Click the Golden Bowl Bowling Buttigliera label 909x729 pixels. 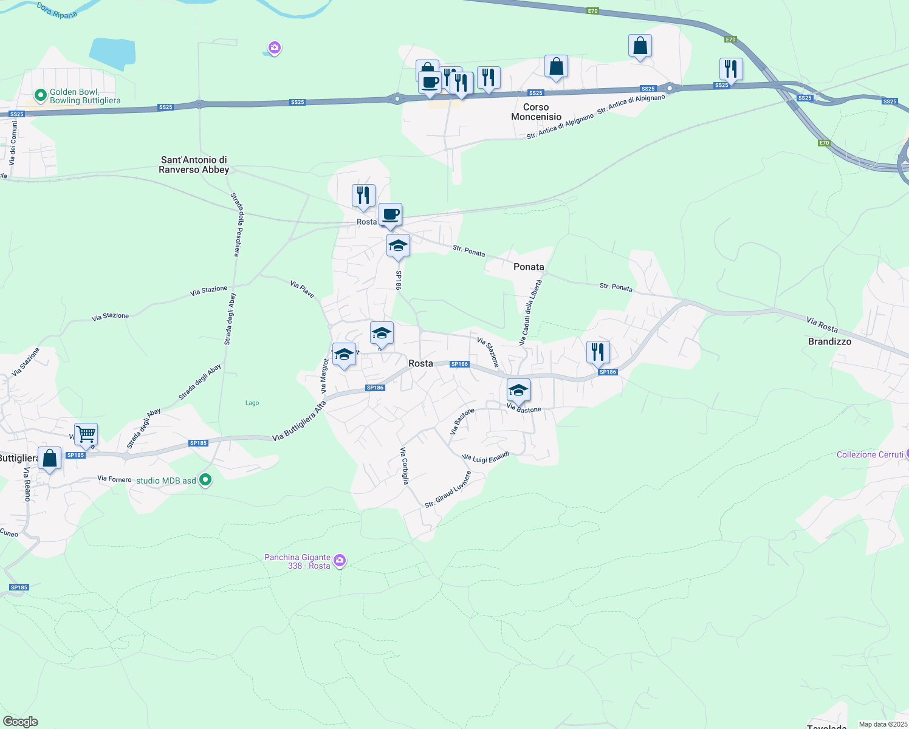[x=84, y=96]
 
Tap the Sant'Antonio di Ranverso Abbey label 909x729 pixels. [x=194, y=165]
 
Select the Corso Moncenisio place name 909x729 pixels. [x=536, y=112]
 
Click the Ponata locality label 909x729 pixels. [x=529, y=267]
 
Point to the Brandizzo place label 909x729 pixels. [x=829, y=341]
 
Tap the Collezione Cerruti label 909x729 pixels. [x=870, y=454]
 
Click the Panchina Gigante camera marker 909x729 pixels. [x=340, y=560]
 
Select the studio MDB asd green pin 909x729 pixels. [x=205, y=480]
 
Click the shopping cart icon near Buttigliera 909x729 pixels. [x=86, y=434]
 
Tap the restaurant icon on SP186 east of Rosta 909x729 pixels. [x=598, y=352]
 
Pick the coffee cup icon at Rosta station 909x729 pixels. [x=390, y=214]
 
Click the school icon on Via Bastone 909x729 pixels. [x=518, y=389]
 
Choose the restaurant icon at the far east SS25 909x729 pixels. [x=731, y=69]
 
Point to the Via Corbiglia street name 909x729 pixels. [x=404, y=465]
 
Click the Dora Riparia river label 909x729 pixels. [x=57, y=10]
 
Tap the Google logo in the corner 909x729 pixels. [x=20, y=721]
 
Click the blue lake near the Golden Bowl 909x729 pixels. [x=112, y=52]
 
